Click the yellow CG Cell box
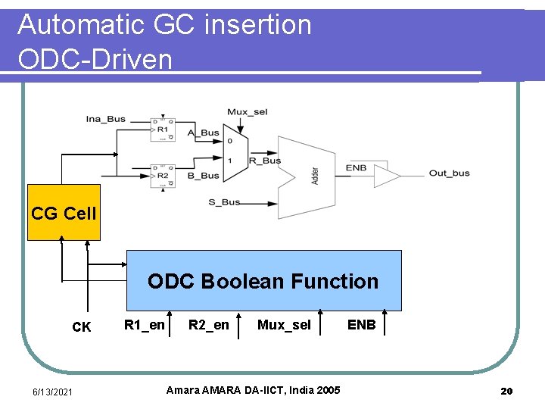64,213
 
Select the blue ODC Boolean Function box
263,280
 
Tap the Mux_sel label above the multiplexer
247,112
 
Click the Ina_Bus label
106,119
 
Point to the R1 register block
162,129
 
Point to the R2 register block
162,174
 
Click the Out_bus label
449,173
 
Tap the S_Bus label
224,202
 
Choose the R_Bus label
265,161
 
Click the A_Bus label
203,133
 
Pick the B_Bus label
203,176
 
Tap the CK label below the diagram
81,328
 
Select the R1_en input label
144,326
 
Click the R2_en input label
208,326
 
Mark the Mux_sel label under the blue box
284,326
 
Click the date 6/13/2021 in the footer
53,391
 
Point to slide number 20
506,391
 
